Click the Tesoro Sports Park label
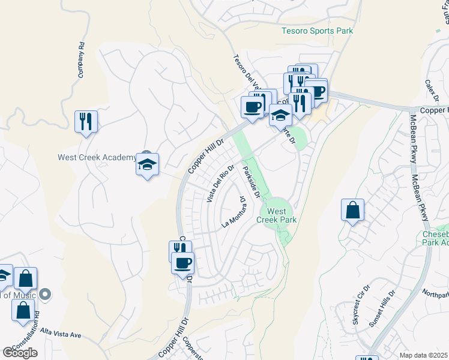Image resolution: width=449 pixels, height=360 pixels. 318,31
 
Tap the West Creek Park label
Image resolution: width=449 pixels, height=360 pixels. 277,215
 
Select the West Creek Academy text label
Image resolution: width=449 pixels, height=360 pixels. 97,157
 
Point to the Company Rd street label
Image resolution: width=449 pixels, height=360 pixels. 81,61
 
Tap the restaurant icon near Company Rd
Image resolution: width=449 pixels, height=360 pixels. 86,122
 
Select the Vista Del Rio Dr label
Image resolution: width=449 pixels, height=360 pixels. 220,182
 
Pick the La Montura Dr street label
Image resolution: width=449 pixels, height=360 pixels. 234,213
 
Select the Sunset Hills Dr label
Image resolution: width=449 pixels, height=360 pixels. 382,310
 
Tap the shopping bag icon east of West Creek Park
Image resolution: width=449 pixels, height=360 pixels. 352,211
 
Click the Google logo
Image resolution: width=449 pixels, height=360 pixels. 20,352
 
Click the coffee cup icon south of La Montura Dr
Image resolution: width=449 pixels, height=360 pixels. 183,263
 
